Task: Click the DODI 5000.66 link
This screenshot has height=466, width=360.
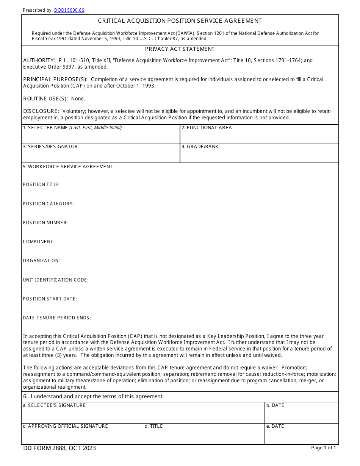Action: pos(69,10)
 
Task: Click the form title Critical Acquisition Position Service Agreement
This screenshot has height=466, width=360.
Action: pos(180,21)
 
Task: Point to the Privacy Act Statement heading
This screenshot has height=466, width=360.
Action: pos(180,49)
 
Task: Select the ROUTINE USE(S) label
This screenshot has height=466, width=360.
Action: pos(45,99)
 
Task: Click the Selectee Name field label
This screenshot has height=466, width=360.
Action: pos(72,128)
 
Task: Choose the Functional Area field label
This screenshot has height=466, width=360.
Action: pos(207,128)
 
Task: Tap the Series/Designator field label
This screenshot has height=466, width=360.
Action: pos(50,147)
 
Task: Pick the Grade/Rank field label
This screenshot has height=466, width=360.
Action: pos(200,147)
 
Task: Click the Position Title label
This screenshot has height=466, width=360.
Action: pos(42,185)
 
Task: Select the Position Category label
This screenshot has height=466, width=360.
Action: pos(49,204)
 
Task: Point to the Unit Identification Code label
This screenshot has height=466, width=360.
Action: pos(56,280)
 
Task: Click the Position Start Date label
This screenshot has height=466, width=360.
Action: pos(50,299)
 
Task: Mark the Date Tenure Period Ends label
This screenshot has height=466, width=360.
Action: pos(57,318)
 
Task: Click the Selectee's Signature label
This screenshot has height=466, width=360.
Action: pos(54,405)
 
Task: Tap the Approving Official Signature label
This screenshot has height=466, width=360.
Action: pos(65,426)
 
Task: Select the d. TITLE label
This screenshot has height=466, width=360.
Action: pos(153,426)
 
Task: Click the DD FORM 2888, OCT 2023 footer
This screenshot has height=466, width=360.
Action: pos(59,448)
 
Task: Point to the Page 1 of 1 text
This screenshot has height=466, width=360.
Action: pos(323,448)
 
